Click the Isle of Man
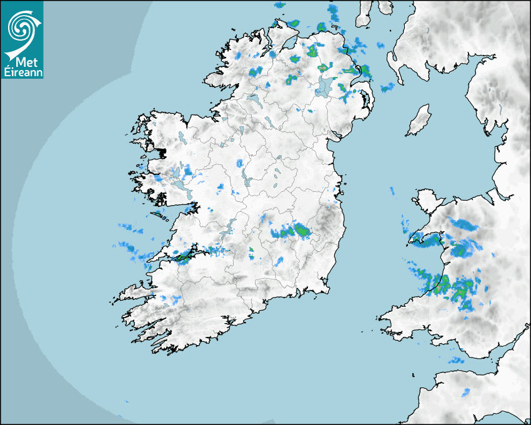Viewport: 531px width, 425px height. tap(419, 121)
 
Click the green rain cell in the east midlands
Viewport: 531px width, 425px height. tap(302, 231)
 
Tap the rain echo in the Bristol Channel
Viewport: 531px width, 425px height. tap(456, 360)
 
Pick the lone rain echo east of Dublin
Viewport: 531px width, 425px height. tap(392, 190)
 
